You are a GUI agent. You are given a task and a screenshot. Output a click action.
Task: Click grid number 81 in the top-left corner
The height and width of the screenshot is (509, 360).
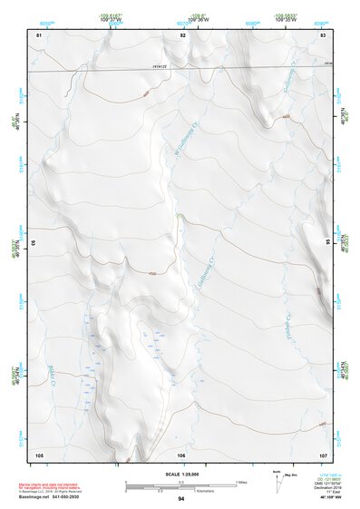click(x=39, y=34)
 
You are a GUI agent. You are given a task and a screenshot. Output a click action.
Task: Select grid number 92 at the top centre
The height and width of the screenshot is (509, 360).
click(x=182, y=34)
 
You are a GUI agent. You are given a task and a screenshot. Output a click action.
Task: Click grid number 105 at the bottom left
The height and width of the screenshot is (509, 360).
click(x=39, y=454)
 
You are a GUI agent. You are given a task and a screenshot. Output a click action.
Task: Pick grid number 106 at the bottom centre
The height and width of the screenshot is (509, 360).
click(x=182, y=454)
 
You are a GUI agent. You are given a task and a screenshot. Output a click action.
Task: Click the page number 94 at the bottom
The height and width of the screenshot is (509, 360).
click(x=181, y=499)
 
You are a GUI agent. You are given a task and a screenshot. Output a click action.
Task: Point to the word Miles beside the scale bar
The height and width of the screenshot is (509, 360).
click(x=240, y=481)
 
